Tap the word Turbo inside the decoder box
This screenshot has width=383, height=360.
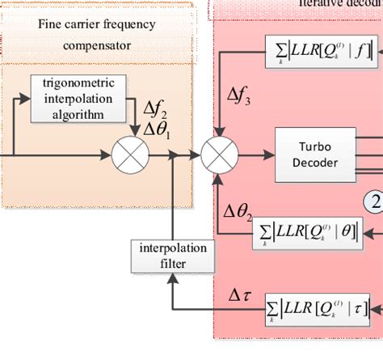pos(309,146)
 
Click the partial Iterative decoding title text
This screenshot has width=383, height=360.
pos(339,4)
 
